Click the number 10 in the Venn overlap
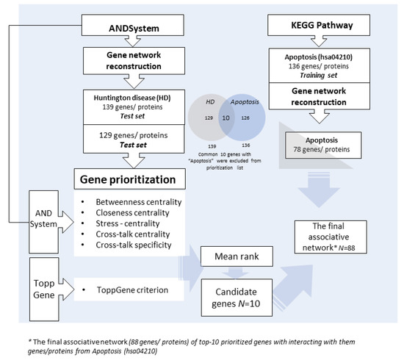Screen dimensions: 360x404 (206, 137)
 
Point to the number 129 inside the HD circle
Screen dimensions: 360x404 (188, 137)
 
